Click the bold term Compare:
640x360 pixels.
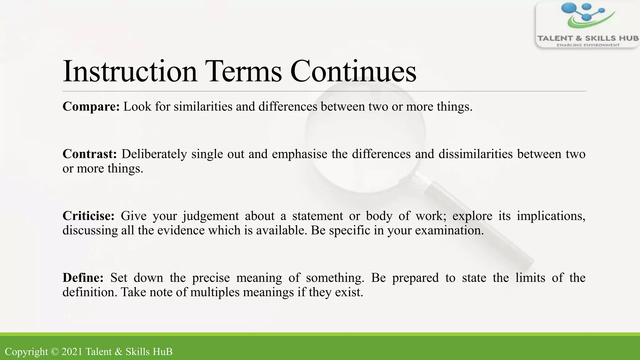91,107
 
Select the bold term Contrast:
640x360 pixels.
90,154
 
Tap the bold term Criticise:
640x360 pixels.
88,216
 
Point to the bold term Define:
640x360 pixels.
83,278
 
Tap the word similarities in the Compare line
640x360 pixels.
203,107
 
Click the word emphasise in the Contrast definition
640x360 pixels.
299,154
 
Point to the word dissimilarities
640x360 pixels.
476,154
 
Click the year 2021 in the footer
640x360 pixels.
72,352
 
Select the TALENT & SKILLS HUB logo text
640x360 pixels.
587,38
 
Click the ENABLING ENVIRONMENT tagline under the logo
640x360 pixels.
588,45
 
